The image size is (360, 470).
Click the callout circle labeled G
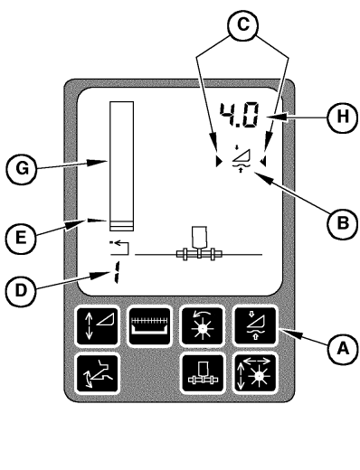click(25, 165)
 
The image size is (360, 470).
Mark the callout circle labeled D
click(25, 289)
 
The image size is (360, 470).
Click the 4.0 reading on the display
click(238, 115)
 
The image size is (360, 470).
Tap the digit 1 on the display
click(116, 272)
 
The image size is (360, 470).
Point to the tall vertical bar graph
click(121, 167)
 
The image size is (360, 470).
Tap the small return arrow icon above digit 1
click(115, 245)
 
